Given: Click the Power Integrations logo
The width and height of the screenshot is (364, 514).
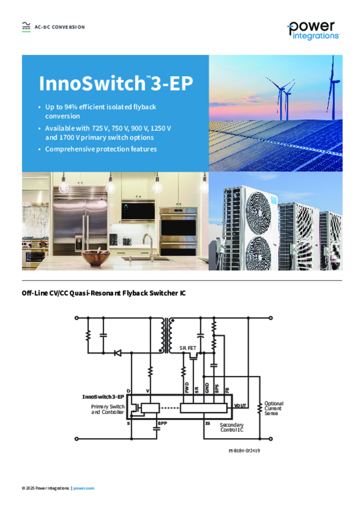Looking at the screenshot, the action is point(313,31).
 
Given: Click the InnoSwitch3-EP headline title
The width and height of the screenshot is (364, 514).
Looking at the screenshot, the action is point(116,83).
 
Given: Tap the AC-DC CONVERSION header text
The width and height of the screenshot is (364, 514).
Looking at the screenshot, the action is point(60,27).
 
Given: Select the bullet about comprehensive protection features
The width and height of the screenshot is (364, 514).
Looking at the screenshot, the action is point(101,149).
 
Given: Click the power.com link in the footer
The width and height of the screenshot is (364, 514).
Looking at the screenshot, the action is point(83,488).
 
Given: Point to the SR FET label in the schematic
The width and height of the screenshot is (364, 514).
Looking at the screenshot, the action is point(188,348).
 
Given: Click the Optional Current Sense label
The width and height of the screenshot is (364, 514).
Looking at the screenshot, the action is point(274,409).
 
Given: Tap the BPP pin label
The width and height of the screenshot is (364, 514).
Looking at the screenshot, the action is point(162,423).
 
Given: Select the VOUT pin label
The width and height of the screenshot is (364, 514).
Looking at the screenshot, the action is point(240,406).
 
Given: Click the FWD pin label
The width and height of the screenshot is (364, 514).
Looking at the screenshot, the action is point(187,388).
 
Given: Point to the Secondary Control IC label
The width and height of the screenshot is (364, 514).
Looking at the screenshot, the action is point(232,427).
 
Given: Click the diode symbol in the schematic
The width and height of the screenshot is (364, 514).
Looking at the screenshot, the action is point(118,353).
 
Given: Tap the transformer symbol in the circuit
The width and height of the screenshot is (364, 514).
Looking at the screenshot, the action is point(167,335).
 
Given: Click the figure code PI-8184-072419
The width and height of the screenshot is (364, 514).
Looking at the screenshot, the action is point(244,451).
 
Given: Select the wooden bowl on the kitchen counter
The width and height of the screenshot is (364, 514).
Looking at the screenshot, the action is point(96,258).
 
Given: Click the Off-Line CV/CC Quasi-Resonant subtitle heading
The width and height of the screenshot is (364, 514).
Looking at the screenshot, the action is point(104,293).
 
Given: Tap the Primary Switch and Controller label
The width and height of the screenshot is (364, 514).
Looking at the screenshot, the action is point(108,409).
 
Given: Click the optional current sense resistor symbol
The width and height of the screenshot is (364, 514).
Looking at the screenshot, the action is point(259,409).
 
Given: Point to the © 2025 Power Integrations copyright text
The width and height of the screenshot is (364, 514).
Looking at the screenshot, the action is point(46,488).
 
